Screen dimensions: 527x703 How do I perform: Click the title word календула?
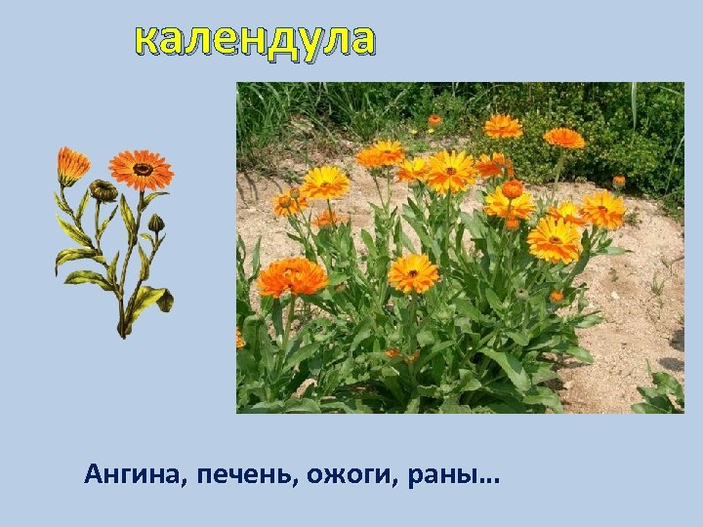255,40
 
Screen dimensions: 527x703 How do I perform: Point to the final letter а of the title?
361,41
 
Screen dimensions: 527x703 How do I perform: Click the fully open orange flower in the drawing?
142,169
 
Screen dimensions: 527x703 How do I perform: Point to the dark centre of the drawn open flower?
143,169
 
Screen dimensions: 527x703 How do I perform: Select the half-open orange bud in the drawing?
71,165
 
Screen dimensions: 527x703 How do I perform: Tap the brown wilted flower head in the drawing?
103,190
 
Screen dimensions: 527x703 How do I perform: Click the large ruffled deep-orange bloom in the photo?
292,277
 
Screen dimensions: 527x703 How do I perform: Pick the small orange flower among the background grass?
434,120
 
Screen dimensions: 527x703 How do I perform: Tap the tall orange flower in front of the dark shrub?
563,138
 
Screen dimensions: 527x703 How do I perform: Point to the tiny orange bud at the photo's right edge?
619,181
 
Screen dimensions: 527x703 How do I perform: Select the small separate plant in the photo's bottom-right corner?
659,390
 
